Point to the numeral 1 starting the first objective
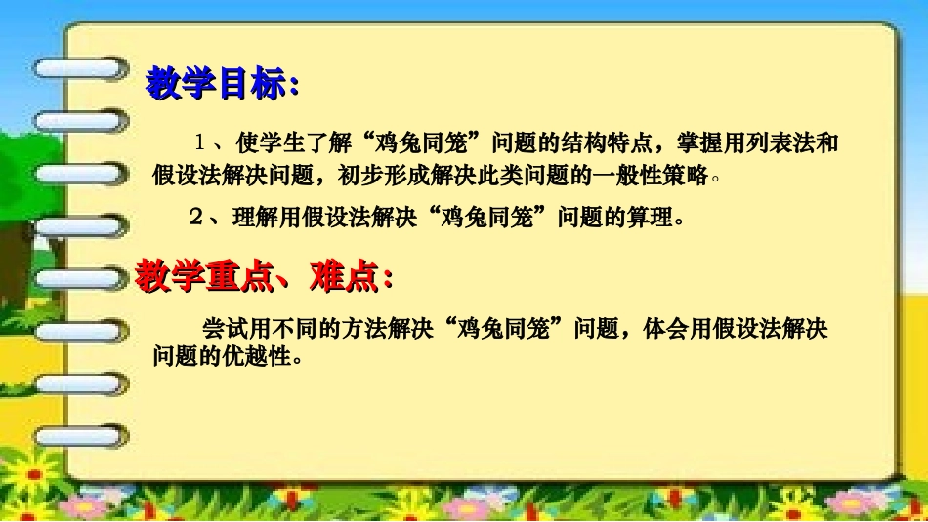pos(199,144)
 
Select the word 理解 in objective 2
pos(256,218)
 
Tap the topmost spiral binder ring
pos(78,68)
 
